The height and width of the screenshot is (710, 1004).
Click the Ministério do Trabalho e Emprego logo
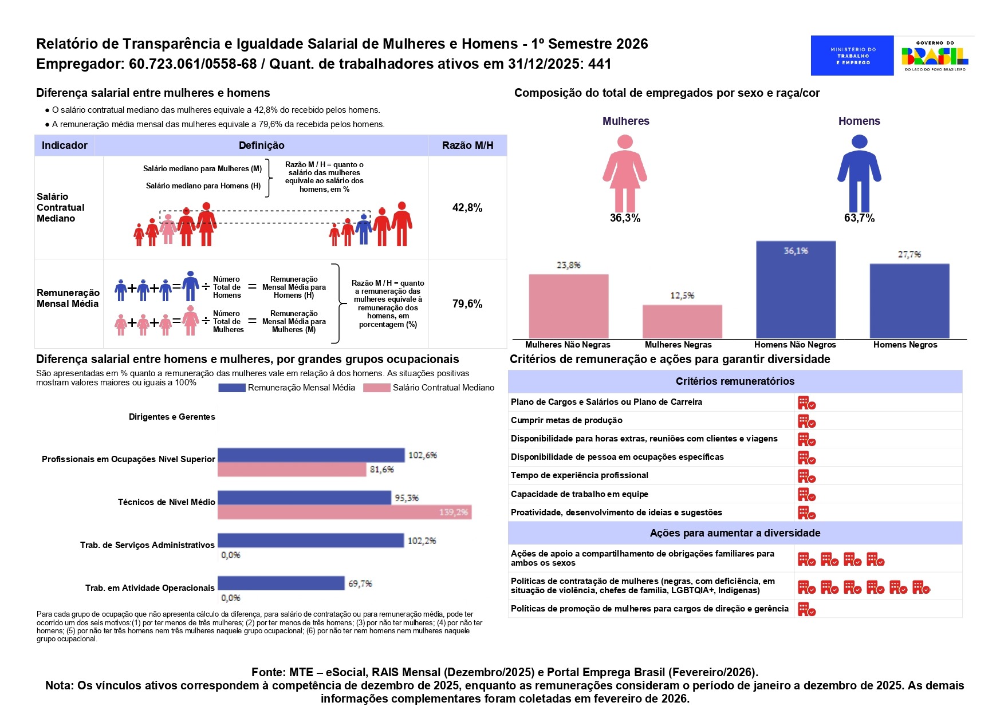pos(852,56)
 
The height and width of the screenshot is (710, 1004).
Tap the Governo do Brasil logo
pos(935,56)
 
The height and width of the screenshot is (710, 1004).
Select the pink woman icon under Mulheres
pos(625,173)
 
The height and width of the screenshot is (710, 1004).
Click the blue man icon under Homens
pos(859,173)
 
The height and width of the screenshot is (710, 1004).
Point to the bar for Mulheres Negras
pos(682,322)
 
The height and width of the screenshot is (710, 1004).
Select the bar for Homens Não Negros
pos(796,290)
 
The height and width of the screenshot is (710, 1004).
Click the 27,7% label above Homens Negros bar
pos(909,254)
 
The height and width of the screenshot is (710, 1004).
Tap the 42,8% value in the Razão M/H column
pos(467,208)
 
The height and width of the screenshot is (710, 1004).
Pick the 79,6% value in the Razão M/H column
pos(467,304)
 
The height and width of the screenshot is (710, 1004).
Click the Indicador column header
pos(65,145)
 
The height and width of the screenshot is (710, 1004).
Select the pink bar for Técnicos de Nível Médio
pos(344,512)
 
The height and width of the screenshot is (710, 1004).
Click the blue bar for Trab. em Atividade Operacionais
pos(281,583)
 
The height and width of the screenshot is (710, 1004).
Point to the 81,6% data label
pos(381,470)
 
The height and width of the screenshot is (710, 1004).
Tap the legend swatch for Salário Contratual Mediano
pos(376,388)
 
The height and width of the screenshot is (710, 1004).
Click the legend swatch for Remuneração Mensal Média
pos(231,388)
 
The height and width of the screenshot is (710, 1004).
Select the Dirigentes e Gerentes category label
pos(172,417)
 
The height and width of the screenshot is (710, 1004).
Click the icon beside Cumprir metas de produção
pos(806,421)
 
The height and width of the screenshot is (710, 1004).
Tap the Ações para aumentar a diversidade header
pos(735,533)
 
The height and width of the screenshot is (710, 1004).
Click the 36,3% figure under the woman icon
pos(625,218)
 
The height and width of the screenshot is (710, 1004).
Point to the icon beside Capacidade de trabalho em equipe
pos(806,495)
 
